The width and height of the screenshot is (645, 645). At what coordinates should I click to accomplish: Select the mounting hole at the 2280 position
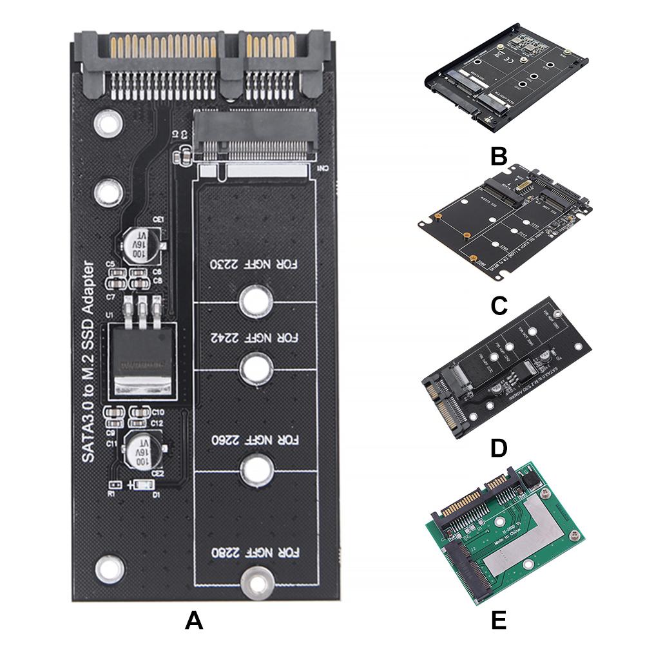[x=255, y=582]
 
